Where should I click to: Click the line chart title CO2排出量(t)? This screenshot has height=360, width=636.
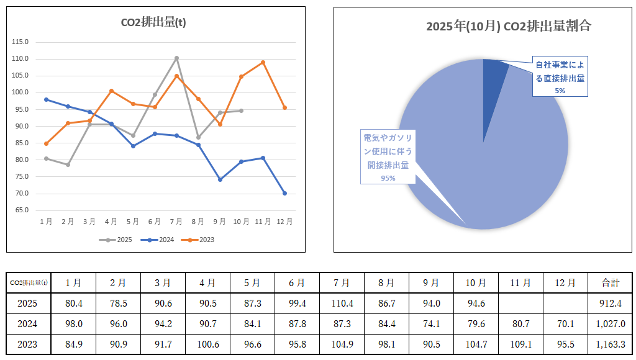click(x=153, y=23)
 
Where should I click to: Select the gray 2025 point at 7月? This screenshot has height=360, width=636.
click(x=176, y=58)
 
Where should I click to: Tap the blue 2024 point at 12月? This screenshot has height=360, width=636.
click(x=285, y=193)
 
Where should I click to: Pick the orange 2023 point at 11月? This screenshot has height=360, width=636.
click(x=263, y=62)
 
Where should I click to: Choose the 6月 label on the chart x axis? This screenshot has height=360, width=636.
click(x=155, y=222)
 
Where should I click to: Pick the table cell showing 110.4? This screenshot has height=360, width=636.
click(x=342, y=304)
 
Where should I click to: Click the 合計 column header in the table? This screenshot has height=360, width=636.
click(x=610, y=282)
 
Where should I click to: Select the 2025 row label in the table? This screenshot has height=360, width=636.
click(x=28, y=304)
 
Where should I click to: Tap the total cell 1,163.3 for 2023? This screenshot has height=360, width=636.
click(x=610, y=344)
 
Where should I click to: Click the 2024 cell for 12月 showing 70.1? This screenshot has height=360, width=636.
click(x=565, y=324)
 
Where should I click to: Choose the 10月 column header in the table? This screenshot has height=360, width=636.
click(x=476, y=282)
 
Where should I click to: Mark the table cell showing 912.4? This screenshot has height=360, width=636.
click(x=610, y=304)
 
